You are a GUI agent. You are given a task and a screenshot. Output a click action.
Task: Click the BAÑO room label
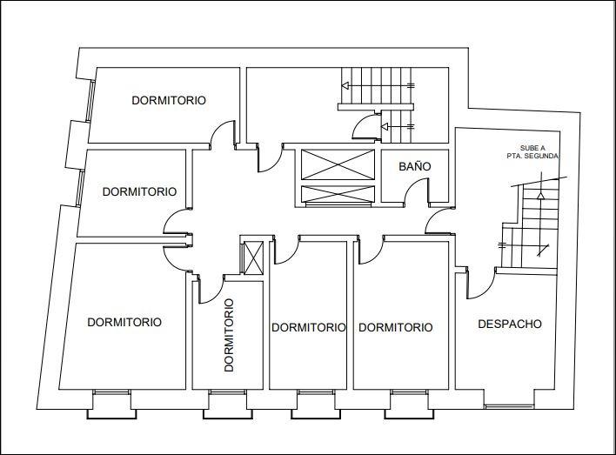pyautogui.click(x=415, y=166)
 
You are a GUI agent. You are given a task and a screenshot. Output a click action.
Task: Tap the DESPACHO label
pyautogui.click(x=510, y=324)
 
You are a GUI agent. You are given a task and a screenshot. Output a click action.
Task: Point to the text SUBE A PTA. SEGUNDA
pyautogui.click(x=532, y=152)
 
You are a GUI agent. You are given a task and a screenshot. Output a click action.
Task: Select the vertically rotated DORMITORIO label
pyautogui.click(x=229, y=335)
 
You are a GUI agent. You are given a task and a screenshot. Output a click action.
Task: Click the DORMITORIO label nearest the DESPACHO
pyautogui.click(x=396, y=327)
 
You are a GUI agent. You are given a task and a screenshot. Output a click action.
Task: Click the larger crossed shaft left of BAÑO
pyautogui.click(x=338, y=164)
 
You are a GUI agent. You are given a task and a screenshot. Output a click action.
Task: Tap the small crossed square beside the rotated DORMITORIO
pyautogui.click(x=253, y=258)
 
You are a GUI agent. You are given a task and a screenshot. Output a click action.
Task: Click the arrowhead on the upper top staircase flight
pyautogui.click(x=346, y=85)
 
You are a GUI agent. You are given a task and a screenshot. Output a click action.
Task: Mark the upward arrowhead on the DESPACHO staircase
pyautogui.click(x=541, y=195)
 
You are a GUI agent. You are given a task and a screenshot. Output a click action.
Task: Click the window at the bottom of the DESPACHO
pyautogui.click(x=509, y=406)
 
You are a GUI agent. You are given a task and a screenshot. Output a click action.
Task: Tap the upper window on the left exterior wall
pyautogui.click(x=90, y=101)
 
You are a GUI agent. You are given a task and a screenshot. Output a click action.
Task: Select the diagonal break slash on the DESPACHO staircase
pyautogui.click(x=543, y=251)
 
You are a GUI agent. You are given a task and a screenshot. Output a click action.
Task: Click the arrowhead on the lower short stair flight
pyautogui.click(x=385, y=126)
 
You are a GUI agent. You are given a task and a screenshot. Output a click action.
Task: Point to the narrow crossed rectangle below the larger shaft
pyautogui.click(x=338, y=194)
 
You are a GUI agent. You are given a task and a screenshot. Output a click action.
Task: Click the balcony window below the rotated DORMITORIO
pyautogui.click(x=227, y=392)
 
